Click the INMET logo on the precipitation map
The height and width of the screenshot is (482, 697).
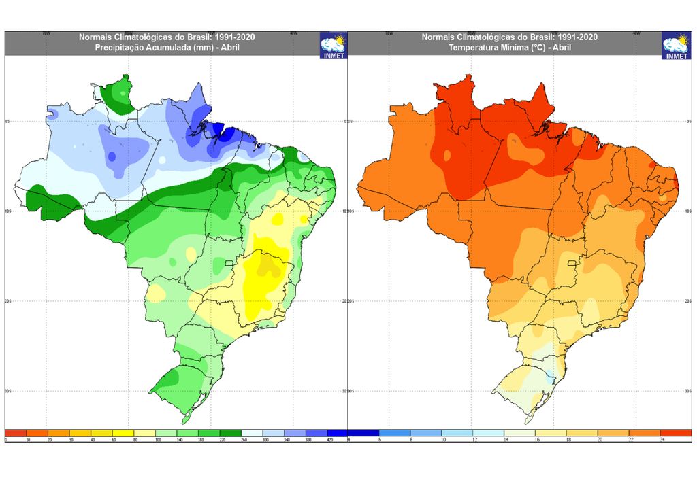click(334, 45)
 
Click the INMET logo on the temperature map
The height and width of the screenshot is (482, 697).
click(676, 45)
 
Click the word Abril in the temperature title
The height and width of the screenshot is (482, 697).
click(560, 48)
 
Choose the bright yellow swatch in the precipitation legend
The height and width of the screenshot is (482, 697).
click(123, 433)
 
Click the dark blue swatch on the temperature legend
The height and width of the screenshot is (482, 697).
click(363, 433)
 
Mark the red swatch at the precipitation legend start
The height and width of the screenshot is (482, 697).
click(16, 433)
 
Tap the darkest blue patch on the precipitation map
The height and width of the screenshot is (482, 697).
click(224, 133)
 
